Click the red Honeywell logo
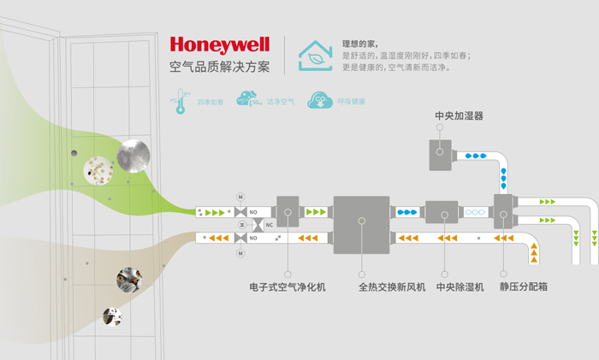coord(220,44)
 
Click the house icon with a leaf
coord(316,54)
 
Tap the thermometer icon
coord(181,101)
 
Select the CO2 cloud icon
coord(320,101)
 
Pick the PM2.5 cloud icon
coord(248,101)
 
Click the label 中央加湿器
coord(460,115)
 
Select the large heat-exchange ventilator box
coord(361,224)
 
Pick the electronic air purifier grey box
coord(288,211)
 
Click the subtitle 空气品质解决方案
coord(220,67)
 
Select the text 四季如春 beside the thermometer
coord(210,102)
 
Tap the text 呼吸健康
coord(351,102)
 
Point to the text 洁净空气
coord(280,102)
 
